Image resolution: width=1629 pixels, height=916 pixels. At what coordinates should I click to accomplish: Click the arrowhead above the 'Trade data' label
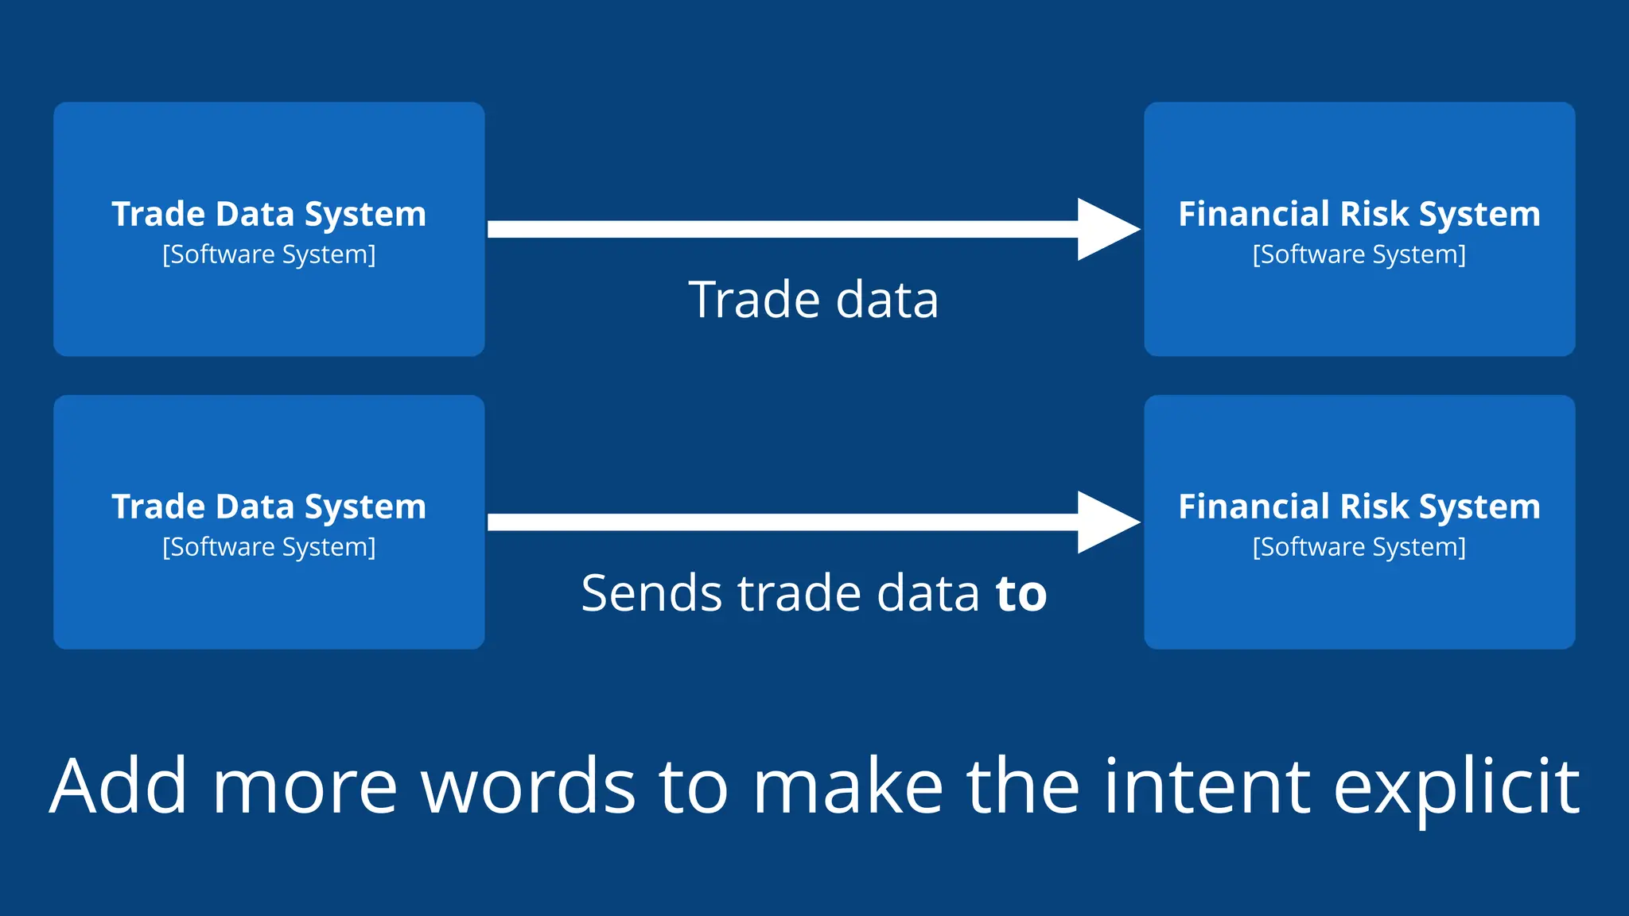[1106, 229]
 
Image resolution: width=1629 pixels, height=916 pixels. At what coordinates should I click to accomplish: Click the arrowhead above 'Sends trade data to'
[1106, 522]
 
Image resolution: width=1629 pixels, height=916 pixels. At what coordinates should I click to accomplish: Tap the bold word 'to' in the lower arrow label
[1021, 594]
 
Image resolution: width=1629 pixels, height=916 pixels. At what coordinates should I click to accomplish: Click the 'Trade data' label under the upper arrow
[813, 301]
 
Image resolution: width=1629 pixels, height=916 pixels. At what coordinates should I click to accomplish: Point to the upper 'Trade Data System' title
[269, 215]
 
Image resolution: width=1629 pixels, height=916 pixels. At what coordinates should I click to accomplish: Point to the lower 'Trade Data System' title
[269, 507]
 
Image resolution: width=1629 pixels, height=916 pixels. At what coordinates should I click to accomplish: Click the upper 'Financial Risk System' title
[1359, 215]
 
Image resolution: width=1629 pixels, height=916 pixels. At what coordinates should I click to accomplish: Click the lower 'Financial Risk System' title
[1359, 507]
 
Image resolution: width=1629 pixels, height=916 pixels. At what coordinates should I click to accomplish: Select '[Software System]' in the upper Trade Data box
[269, 254]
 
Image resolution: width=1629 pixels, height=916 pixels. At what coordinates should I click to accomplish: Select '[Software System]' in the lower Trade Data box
[269, 547]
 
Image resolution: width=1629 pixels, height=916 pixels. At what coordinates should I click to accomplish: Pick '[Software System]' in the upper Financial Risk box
[1359, 254]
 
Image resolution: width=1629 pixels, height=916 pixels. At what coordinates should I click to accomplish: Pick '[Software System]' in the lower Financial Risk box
[1359, 547]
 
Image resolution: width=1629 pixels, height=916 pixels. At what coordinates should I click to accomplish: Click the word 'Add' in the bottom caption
[119, 786]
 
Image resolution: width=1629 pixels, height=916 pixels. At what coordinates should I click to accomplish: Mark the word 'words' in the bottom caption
[528, 786]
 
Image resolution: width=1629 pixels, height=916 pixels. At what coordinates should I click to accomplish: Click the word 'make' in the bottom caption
[847, 786]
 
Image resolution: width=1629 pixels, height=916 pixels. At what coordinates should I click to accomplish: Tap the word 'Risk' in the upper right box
[1374, 215]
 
